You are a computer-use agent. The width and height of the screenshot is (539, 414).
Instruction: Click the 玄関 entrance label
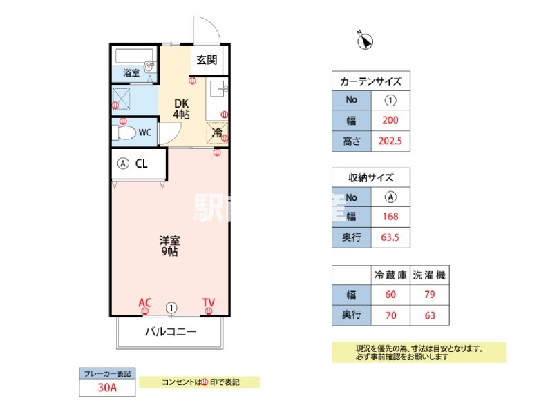206,60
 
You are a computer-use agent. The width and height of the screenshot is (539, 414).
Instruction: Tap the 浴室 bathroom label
131,72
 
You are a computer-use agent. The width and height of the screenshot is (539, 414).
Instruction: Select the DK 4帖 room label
180,108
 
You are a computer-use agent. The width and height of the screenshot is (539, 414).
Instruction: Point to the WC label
145,132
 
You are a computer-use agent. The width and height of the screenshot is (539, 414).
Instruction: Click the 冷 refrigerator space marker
217,132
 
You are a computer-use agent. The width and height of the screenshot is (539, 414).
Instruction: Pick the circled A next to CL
123,164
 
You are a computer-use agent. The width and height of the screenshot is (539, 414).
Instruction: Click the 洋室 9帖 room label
170,246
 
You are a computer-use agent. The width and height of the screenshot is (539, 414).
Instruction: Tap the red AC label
145,302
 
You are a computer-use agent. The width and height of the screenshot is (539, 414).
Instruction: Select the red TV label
208,302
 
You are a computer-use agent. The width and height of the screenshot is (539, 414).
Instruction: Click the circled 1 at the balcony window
171,308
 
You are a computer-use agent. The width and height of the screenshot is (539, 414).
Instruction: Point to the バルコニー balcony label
170,332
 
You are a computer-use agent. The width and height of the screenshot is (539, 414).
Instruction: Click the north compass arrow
365,42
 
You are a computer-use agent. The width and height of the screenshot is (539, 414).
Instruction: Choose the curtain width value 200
390,120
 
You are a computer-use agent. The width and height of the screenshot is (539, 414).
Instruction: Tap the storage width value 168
390,217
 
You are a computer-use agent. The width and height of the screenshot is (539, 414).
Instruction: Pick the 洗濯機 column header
429,275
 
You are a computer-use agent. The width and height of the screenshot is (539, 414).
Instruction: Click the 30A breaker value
106,388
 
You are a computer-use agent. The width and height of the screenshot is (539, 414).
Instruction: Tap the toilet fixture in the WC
124,133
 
